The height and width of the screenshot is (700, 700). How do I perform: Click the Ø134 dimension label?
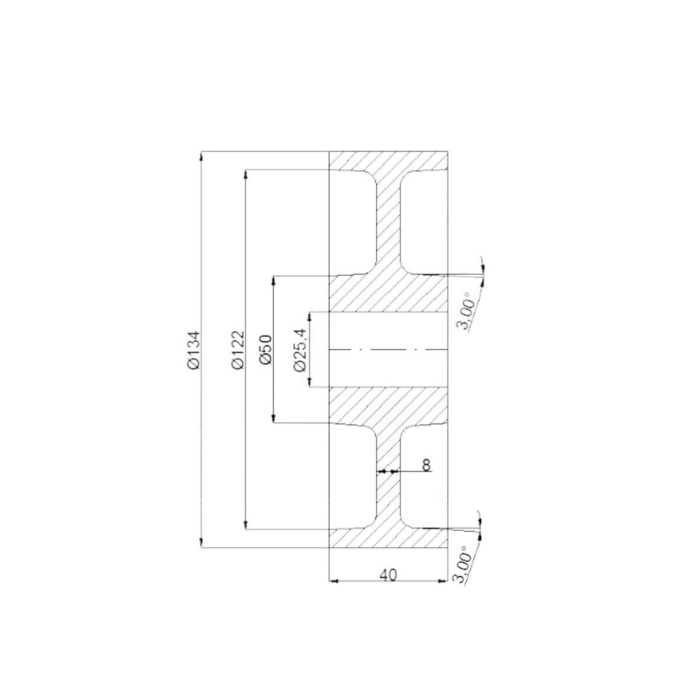click(x=194, y=349)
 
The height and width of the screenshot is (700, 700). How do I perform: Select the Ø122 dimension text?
click(x=237, y=349)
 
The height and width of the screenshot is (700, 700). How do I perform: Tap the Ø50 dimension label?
click(x=265, y=349)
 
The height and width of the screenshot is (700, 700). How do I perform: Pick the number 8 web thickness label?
click(x=426, y=465)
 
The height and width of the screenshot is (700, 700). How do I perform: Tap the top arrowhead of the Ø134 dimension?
click(x=202, y=156)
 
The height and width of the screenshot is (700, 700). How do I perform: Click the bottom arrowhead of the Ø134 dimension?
click(x=202, y=543)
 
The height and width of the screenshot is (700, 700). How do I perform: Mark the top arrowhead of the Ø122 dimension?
click(x=246, y=174)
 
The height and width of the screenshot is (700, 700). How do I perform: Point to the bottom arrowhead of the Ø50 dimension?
click(x=274, y=419)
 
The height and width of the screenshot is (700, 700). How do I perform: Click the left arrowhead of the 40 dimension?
click(x=334, y=581)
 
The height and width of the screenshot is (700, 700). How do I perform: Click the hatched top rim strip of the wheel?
click(x=388, y=160)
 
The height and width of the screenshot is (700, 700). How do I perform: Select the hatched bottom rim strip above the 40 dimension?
click(x=388, y=540)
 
